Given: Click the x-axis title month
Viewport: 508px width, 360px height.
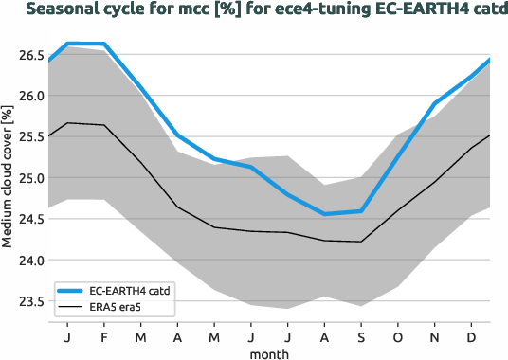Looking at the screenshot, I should [269, 352].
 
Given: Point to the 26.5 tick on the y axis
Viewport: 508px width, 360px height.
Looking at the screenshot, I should [28, 56].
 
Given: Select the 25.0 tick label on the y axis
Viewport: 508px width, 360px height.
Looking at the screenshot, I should [28, 178].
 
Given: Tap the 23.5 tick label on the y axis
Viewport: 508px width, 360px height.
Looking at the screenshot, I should [28, 301].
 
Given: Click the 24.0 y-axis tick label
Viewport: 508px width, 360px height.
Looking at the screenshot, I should [28, 260].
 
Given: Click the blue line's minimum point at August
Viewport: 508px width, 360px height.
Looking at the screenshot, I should [324, 214].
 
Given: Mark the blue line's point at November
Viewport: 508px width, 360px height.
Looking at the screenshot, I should [434, 103].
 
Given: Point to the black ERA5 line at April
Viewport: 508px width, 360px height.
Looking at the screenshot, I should [177, 207].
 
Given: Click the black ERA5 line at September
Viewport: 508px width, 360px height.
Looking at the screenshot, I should [360, 242].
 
